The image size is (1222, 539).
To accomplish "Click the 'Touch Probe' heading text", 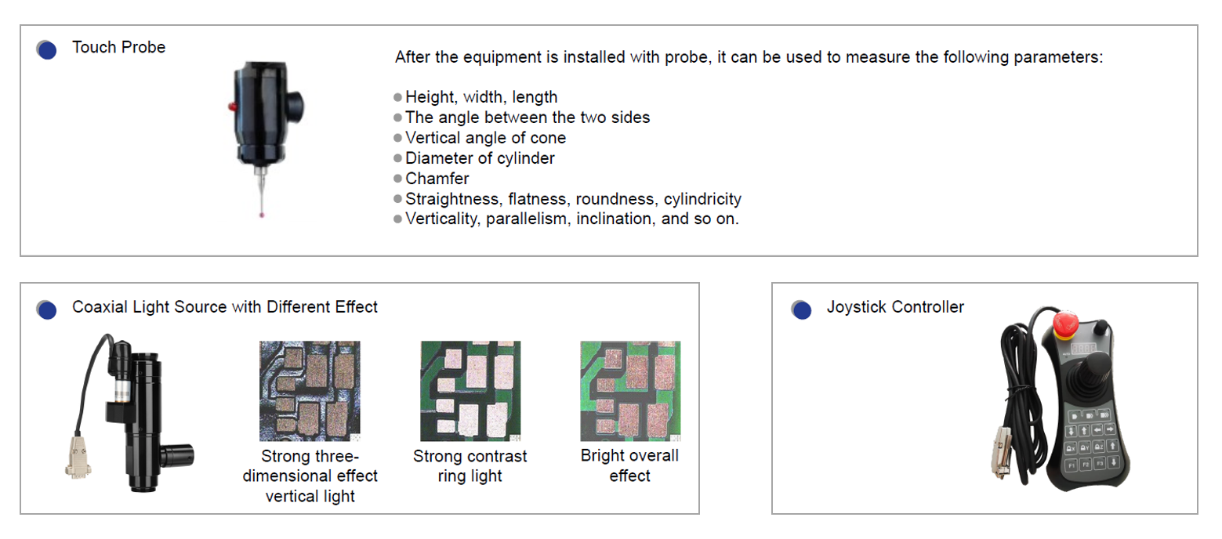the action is pos(118,48).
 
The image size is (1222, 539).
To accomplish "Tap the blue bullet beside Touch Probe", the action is pos(47,50).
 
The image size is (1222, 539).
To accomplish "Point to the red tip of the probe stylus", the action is pos(262,215).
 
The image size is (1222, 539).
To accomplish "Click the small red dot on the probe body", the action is pos(232,107).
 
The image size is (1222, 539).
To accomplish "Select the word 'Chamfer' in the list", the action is pos(437,178).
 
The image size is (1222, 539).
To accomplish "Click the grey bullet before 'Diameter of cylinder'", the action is pos(397,158).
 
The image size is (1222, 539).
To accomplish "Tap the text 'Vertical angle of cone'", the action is pos(485,138).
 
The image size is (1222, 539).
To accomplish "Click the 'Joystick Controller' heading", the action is pos(895,307).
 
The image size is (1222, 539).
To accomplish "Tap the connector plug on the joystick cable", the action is pos(1001,453).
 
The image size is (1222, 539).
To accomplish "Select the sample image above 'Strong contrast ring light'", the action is pos(470,391).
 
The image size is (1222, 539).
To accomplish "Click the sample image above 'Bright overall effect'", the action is pos(630,391).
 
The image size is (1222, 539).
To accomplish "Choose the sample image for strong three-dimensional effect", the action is pos(310,391).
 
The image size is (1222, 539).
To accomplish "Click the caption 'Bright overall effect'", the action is pos(629,465).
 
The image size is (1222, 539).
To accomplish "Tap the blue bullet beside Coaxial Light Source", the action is pos(47,309).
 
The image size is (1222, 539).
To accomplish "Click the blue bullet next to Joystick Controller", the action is pos(801,309).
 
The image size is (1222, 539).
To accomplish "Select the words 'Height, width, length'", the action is pos(481,97).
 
